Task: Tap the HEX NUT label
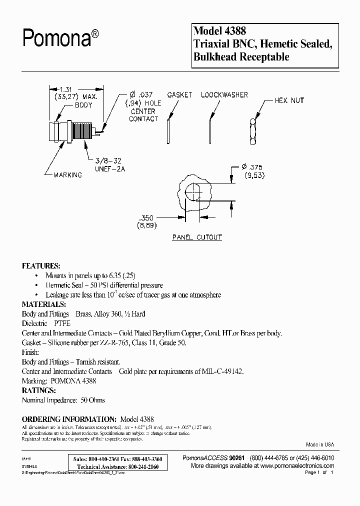click(x=289, y=100)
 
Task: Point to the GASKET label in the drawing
click(x=180, y=95)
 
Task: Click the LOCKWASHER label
click(x=224, y=95)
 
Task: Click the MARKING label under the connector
click(x=68, y=175)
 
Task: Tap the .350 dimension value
click(x=147, y=218)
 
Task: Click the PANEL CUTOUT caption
click(x=196, y=237)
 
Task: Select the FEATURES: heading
click(x=41, y=265)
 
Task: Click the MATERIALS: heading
click(x=44, y=304)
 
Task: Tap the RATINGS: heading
click(x=39, y=390)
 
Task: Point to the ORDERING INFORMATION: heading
click(x=69, y=418)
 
